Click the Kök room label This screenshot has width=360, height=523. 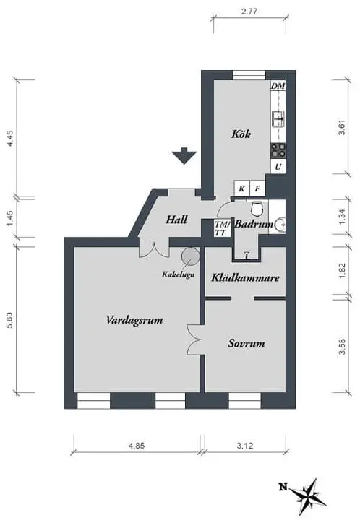(241, 134)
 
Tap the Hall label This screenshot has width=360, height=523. (176, 220)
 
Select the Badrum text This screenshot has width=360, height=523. (254, 224)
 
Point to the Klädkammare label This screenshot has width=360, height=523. (245, 277)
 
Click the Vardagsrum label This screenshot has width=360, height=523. (134, 320)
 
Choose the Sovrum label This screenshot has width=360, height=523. (247, 343)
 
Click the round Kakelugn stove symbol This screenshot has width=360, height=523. (191, 256)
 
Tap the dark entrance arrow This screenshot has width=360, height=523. (184, 155)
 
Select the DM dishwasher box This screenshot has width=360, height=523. (278, 86)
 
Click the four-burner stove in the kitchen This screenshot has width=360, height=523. (278, 150)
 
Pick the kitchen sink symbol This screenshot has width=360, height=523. (278, 118)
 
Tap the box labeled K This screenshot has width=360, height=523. (242, 189)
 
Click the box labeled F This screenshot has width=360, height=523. (257, 189)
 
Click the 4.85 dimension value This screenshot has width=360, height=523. (137, 445)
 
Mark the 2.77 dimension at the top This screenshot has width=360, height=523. (249, 12)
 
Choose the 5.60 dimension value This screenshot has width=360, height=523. (9, 320)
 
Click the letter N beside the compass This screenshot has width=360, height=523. (283, 488)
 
